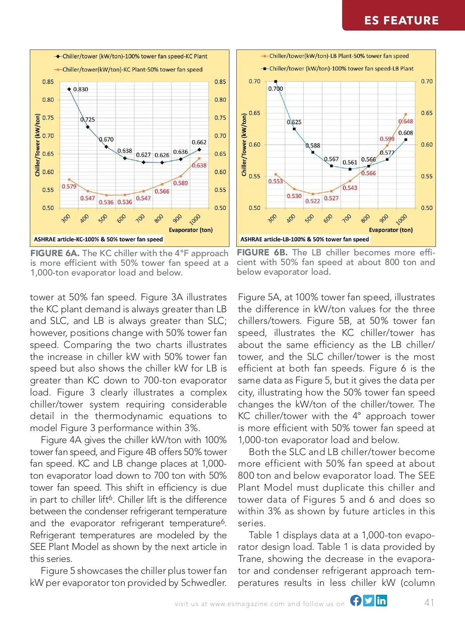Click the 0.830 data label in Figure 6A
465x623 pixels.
[81, 89]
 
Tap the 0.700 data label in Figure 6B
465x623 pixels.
[276, 89]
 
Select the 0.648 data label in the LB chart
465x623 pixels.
[406, 122]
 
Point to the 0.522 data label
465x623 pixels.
[313, 201]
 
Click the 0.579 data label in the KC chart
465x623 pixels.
[69, 187]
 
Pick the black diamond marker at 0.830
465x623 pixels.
[69, 89]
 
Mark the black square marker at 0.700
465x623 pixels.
[276, 81]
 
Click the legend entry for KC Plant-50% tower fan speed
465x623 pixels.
[132, 70]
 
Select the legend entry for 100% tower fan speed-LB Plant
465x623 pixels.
[341, 68]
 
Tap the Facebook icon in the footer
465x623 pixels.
[356, 600]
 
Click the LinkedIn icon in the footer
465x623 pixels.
[381, 600]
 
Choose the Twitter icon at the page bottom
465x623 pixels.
[369, 600]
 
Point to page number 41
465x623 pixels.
[429, 602]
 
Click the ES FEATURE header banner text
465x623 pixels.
[401, 20]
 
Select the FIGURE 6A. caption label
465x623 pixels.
[55, 253]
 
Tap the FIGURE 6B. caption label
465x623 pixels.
[262, 252]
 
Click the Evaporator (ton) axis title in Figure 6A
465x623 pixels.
[191, 230]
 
